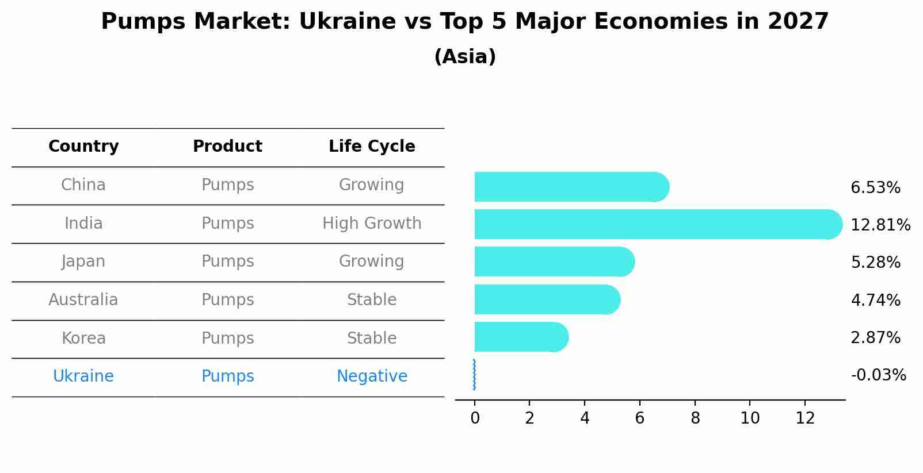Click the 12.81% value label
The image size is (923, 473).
tap(880, 225)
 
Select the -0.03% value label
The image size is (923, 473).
tap(878, 375)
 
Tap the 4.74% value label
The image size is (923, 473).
tap(875, 300)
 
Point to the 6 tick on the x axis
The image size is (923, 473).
tap(639, 418)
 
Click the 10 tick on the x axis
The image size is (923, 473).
tap(750, 418)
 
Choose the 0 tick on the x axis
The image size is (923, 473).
tap(475, 418)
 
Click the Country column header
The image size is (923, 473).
tap(83, 147)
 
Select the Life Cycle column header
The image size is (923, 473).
tap(372, 147)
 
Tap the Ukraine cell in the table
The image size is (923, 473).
tap(83, 376)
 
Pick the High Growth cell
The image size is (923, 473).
tap(372, 223)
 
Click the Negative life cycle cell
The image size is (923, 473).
tap(372, 376)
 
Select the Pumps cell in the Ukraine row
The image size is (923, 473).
tap(227, 376)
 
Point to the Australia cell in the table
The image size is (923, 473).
tap(83, 300)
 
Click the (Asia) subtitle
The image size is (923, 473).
tap(465, 57)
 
